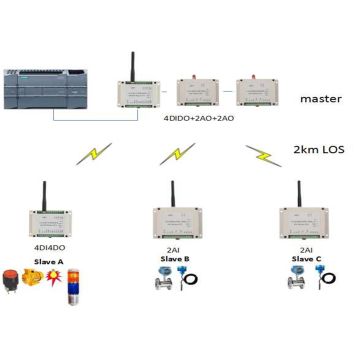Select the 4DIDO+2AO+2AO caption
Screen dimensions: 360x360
[x=206, y=117]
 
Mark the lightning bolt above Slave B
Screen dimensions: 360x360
[x=180, y=155]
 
